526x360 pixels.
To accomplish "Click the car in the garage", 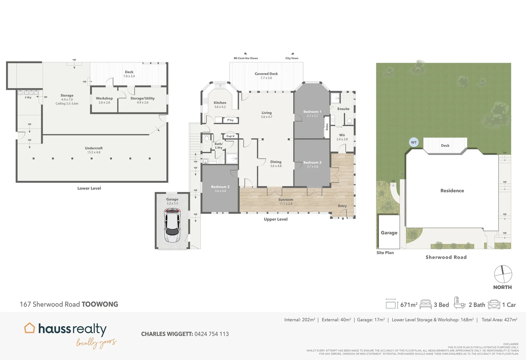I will pos(172,225).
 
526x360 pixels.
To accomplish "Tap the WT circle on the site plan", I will pos(414,142).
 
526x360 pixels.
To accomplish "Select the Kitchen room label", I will pos(220,103).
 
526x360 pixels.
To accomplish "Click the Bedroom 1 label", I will pos(312,112).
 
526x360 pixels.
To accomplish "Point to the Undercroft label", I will pos(94,148).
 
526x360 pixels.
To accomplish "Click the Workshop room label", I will pos(104,98).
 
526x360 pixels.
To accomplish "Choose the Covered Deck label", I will pos(266,74).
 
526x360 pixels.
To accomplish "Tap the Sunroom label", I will pos(286,200).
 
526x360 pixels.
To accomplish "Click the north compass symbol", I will pos(503,274).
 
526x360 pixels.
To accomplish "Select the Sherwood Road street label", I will pos(446,257).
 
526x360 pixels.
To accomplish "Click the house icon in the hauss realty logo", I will pos(29,328).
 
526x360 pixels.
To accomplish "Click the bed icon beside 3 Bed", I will pos(426,304).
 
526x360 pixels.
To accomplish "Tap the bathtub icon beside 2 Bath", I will pos(459,303).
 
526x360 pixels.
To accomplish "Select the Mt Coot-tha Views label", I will pos(246,58).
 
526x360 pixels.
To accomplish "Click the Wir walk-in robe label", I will pos(342,135).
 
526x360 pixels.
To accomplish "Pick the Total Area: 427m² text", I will pos(499,320).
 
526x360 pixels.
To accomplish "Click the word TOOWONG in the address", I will pos(100,304).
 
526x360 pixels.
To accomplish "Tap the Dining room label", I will pos(276,162).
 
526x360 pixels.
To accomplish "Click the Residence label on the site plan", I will pos(452,191).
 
